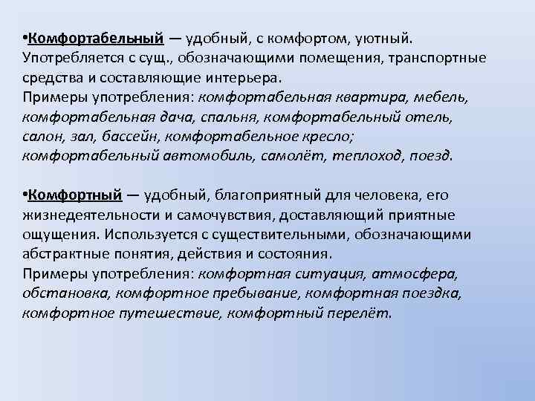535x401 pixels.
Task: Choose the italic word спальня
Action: [227, 117]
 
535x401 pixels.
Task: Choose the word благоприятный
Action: [255, 195]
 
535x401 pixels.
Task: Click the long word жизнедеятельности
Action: [94, 215]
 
